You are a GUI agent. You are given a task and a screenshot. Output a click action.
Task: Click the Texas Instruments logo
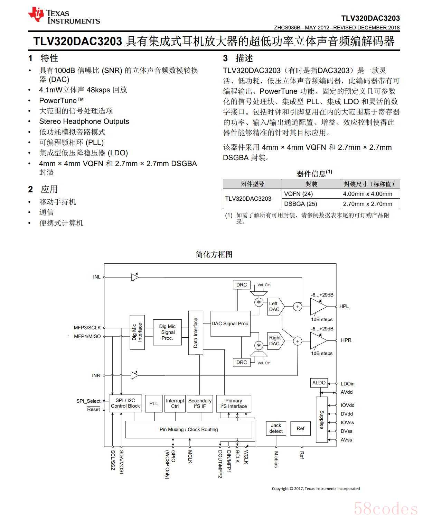click(x=64, y=16)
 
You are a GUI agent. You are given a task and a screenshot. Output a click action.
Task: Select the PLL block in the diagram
click(x=153, y=403)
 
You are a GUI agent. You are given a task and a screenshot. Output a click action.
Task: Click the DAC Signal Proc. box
click(x=230, y=324)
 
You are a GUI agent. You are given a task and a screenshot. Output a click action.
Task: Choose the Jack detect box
click(x=276, y=428)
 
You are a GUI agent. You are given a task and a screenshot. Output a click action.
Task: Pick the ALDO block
click(x=319, y=383)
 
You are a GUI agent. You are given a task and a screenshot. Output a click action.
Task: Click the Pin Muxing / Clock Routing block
click(x=189, y=429)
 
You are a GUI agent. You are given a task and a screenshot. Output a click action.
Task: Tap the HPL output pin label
click(x=344, y=306)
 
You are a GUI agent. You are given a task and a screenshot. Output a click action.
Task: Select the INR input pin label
click(x=96, y=375)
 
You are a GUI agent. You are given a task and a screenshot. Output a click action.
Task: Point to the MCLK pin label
click(x=190, y=457)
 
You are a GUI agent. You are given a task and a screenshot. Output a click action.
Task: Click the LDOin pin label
click(x=347, y=384)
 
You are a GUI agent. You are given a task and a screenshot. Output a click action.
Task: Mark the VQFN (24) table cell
click(x=298, y=194)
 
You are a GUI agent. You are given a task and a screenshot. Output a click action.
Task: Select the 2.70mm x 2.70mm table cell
click(x=368, y=204)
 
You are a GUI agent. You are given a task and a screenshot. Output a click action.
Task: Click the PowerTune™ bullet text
click(x=62, y=101)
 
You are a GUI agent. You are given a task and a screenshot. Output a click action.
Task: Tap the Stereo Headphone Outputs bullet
click(x=84, y=121)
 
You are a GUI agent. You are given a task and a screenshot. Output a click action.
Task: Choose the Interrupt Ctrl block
click(x=175, y=403)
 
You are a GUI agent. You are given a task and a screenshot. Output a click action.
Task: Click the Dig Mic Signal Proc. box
click(x=167, y=332)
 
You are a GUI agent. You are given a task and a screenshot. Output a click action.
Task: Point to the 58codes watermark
click(x=386, y=509)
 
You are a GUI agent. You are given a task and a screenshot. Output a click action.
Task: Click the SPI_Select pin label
click(x=88, y=401)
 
